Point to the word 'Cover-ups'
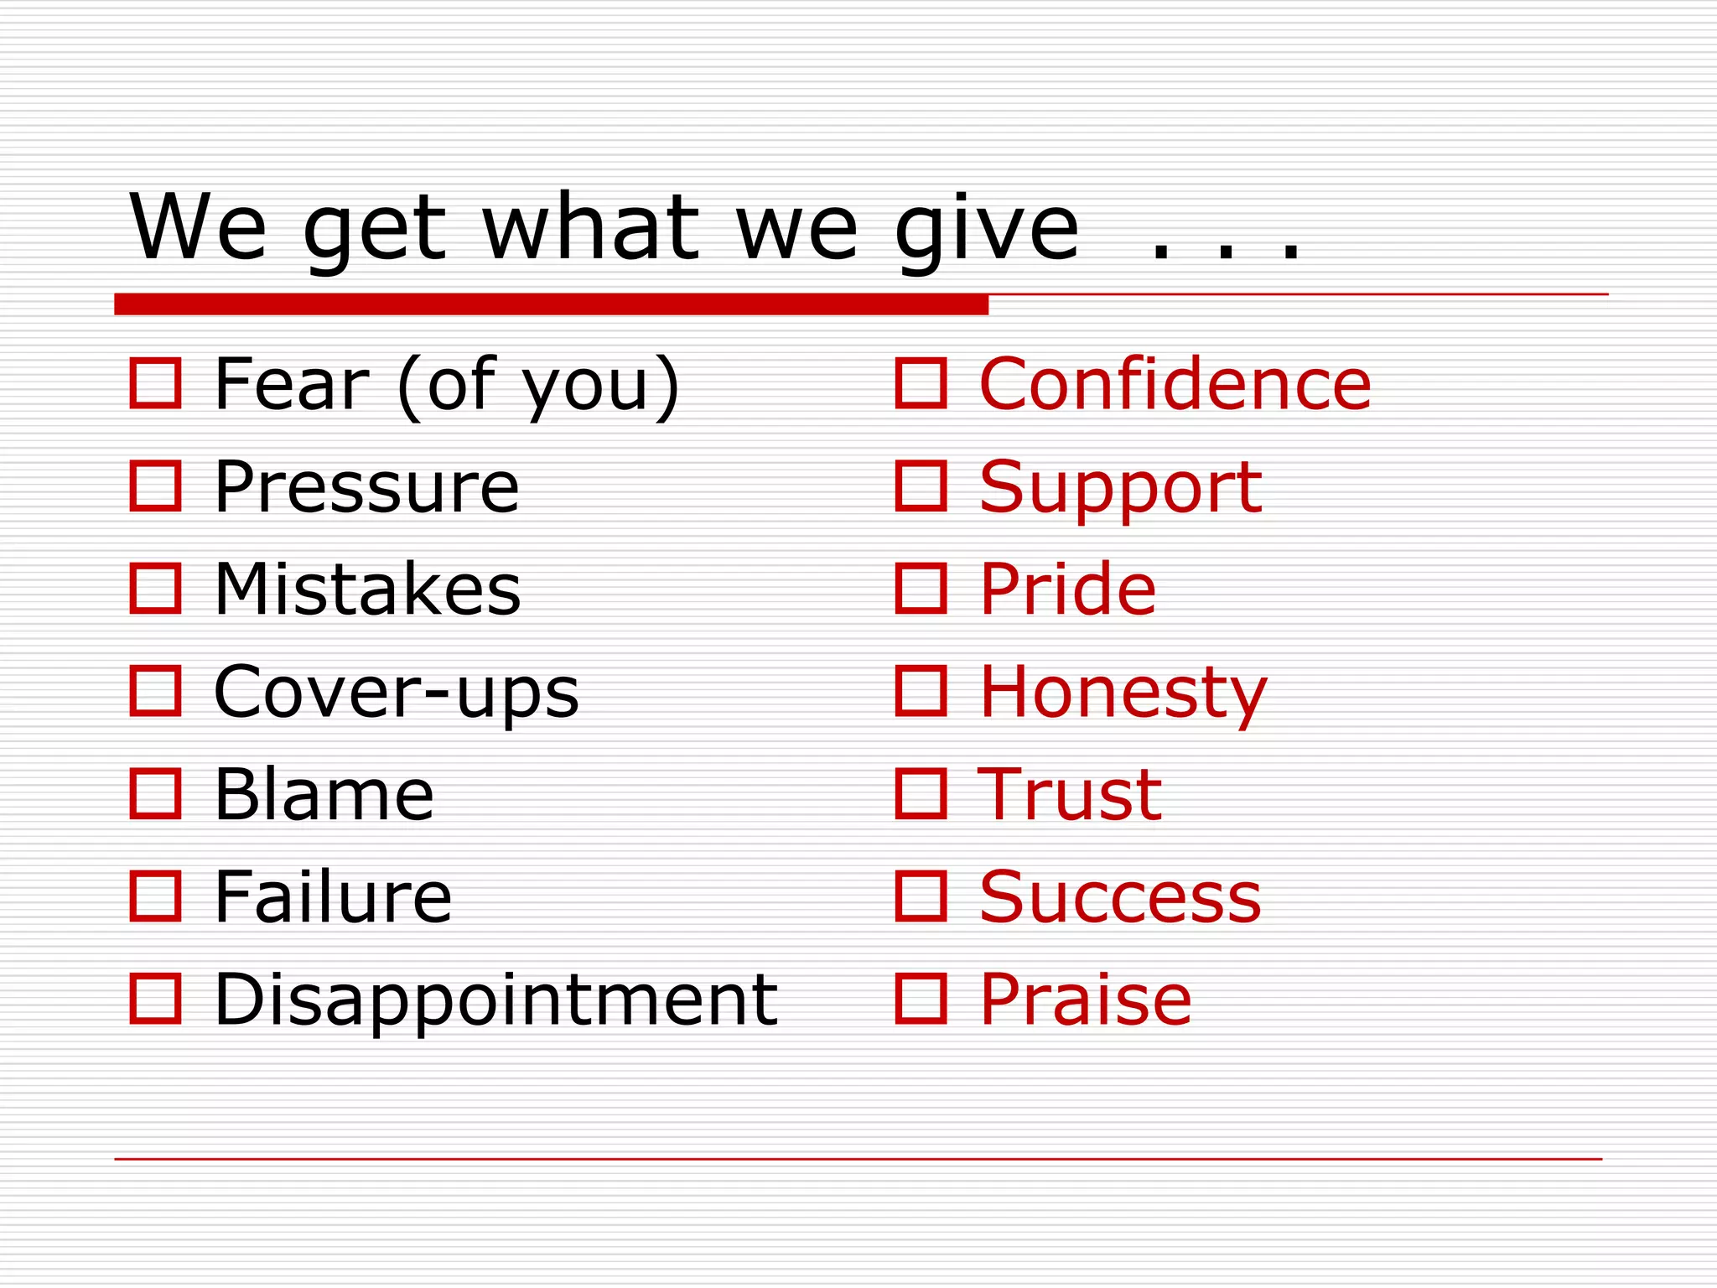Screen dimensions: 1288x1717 click(x=396, y=692)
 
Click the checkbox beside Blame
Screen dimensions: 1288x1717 click(x=156, y=793)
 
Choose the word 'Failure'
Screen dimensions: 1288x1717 click(x=333, y=896)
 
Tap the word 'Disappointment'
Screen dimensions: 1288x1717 click(x=495, y=999)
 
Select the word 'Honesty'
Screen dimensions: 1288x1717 click(x=1123, y=692)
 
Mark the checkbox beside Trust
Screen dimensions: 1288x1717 click(x=921, y=793)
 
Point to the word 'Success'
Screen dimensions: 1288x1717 click(x=1120, y=896)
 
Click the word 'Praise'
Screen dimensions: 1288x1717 click(x=1085, y=999)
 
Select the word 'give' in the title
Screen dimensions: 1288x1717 click(x=987, y=228)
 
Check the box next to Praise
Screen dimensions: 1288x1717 click(x=921, y=999)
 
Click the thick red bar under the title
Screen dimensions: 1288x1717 click(x=551, y=304)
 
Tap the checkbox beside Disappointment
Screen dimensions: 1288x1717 click(x=156, y=999)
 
